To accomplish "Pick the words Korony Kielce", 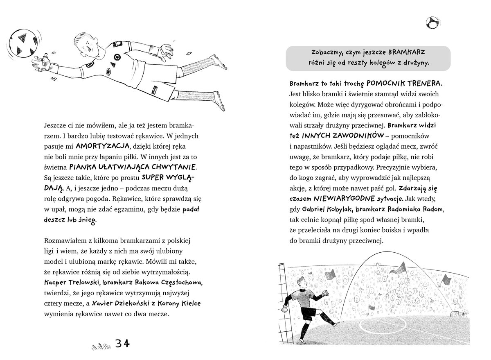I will tap(178, 303).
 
